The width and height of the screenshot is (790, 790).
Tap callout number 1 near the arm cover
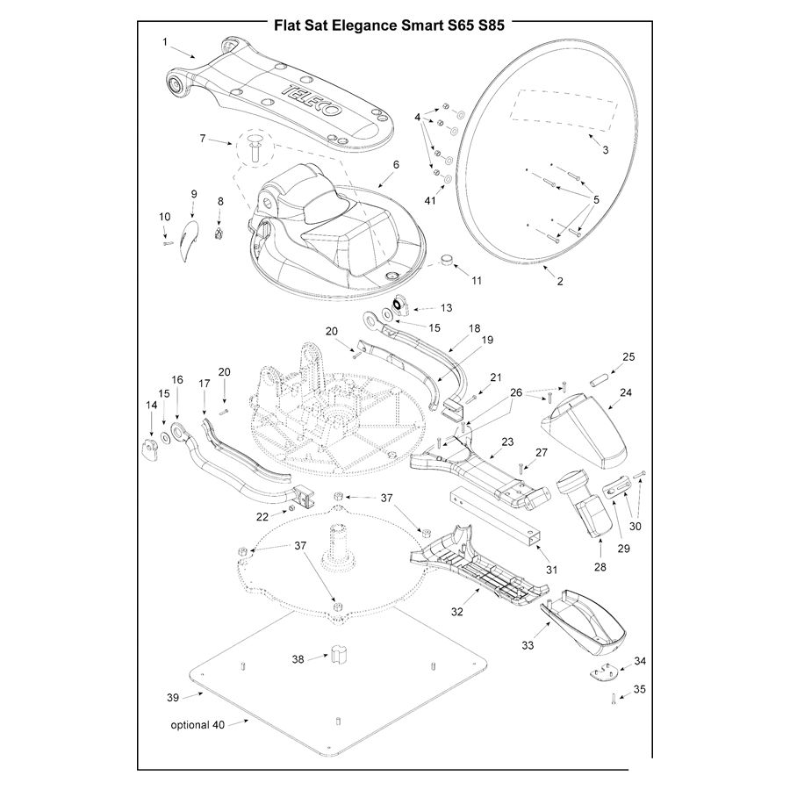pos(165,41)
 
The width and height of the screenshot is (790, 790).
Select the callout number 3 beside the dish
pos(605,150)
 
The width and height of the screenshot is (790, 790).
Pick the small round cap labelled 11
pos(447,260)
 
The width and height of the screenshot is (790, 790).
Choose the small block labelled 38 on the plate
pos(337,655)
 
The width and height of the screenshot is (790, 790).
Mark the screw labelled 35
pos(609,700)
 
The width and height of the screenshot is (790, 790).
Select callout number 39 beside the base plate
pos(172,698)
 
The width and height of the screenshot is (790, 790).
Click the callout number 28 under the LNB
pos(600,567)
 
